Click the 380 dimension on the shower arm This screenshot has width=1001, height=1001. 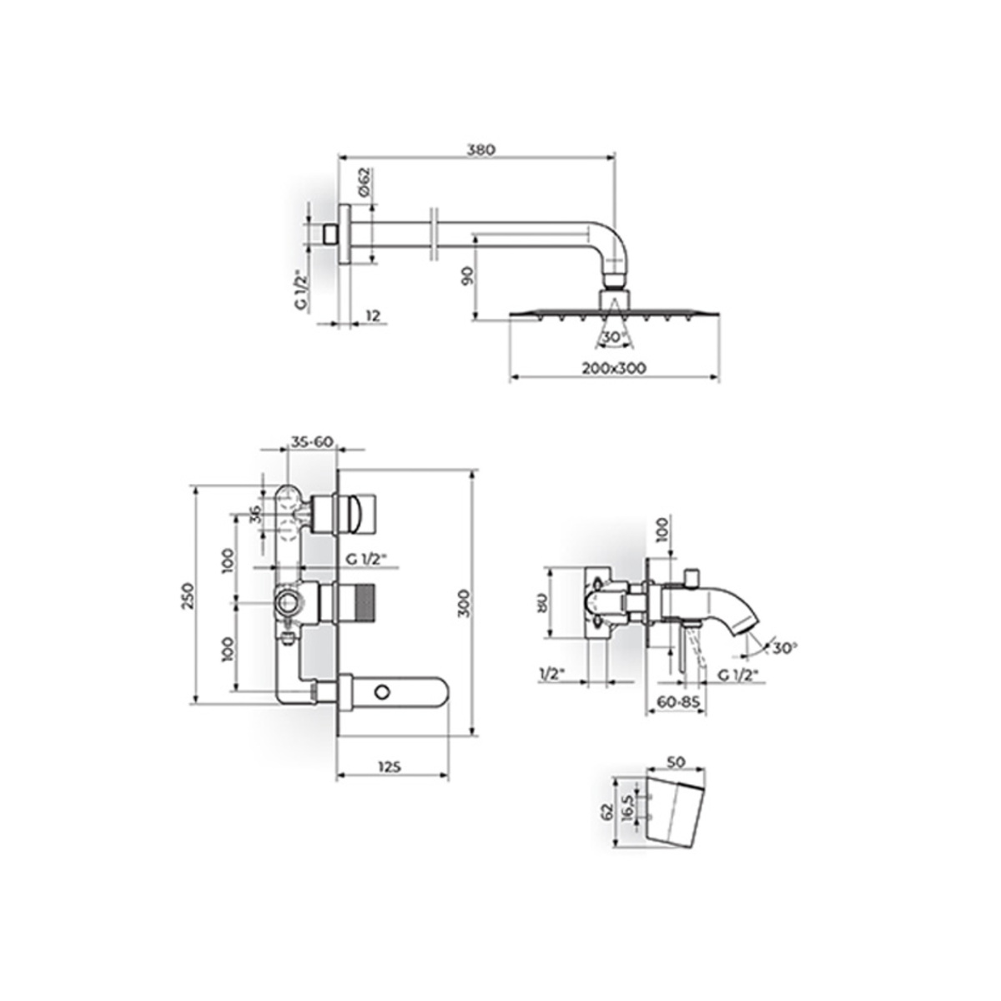coord(480,150)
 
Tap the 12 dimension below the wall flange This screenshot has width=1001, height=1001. coord(372,315)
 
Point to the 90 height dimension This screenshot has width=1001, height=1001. coord(465,277)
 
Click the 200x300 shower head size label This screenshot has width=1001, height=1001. coord(615,368)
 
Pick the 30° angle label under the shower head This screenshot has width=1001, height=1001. coord(613,336)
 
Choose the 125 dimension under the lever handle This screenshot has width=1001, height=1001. coord(390,766)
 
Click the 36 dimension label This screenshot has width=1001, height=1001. coord(256,516)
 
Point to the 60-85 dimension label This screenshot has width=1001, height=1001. coord(677,702)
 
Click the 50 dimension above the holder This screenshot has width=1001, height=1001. coord(677,762)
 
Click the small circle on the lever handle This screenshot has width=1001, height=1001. coord(383,692)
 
